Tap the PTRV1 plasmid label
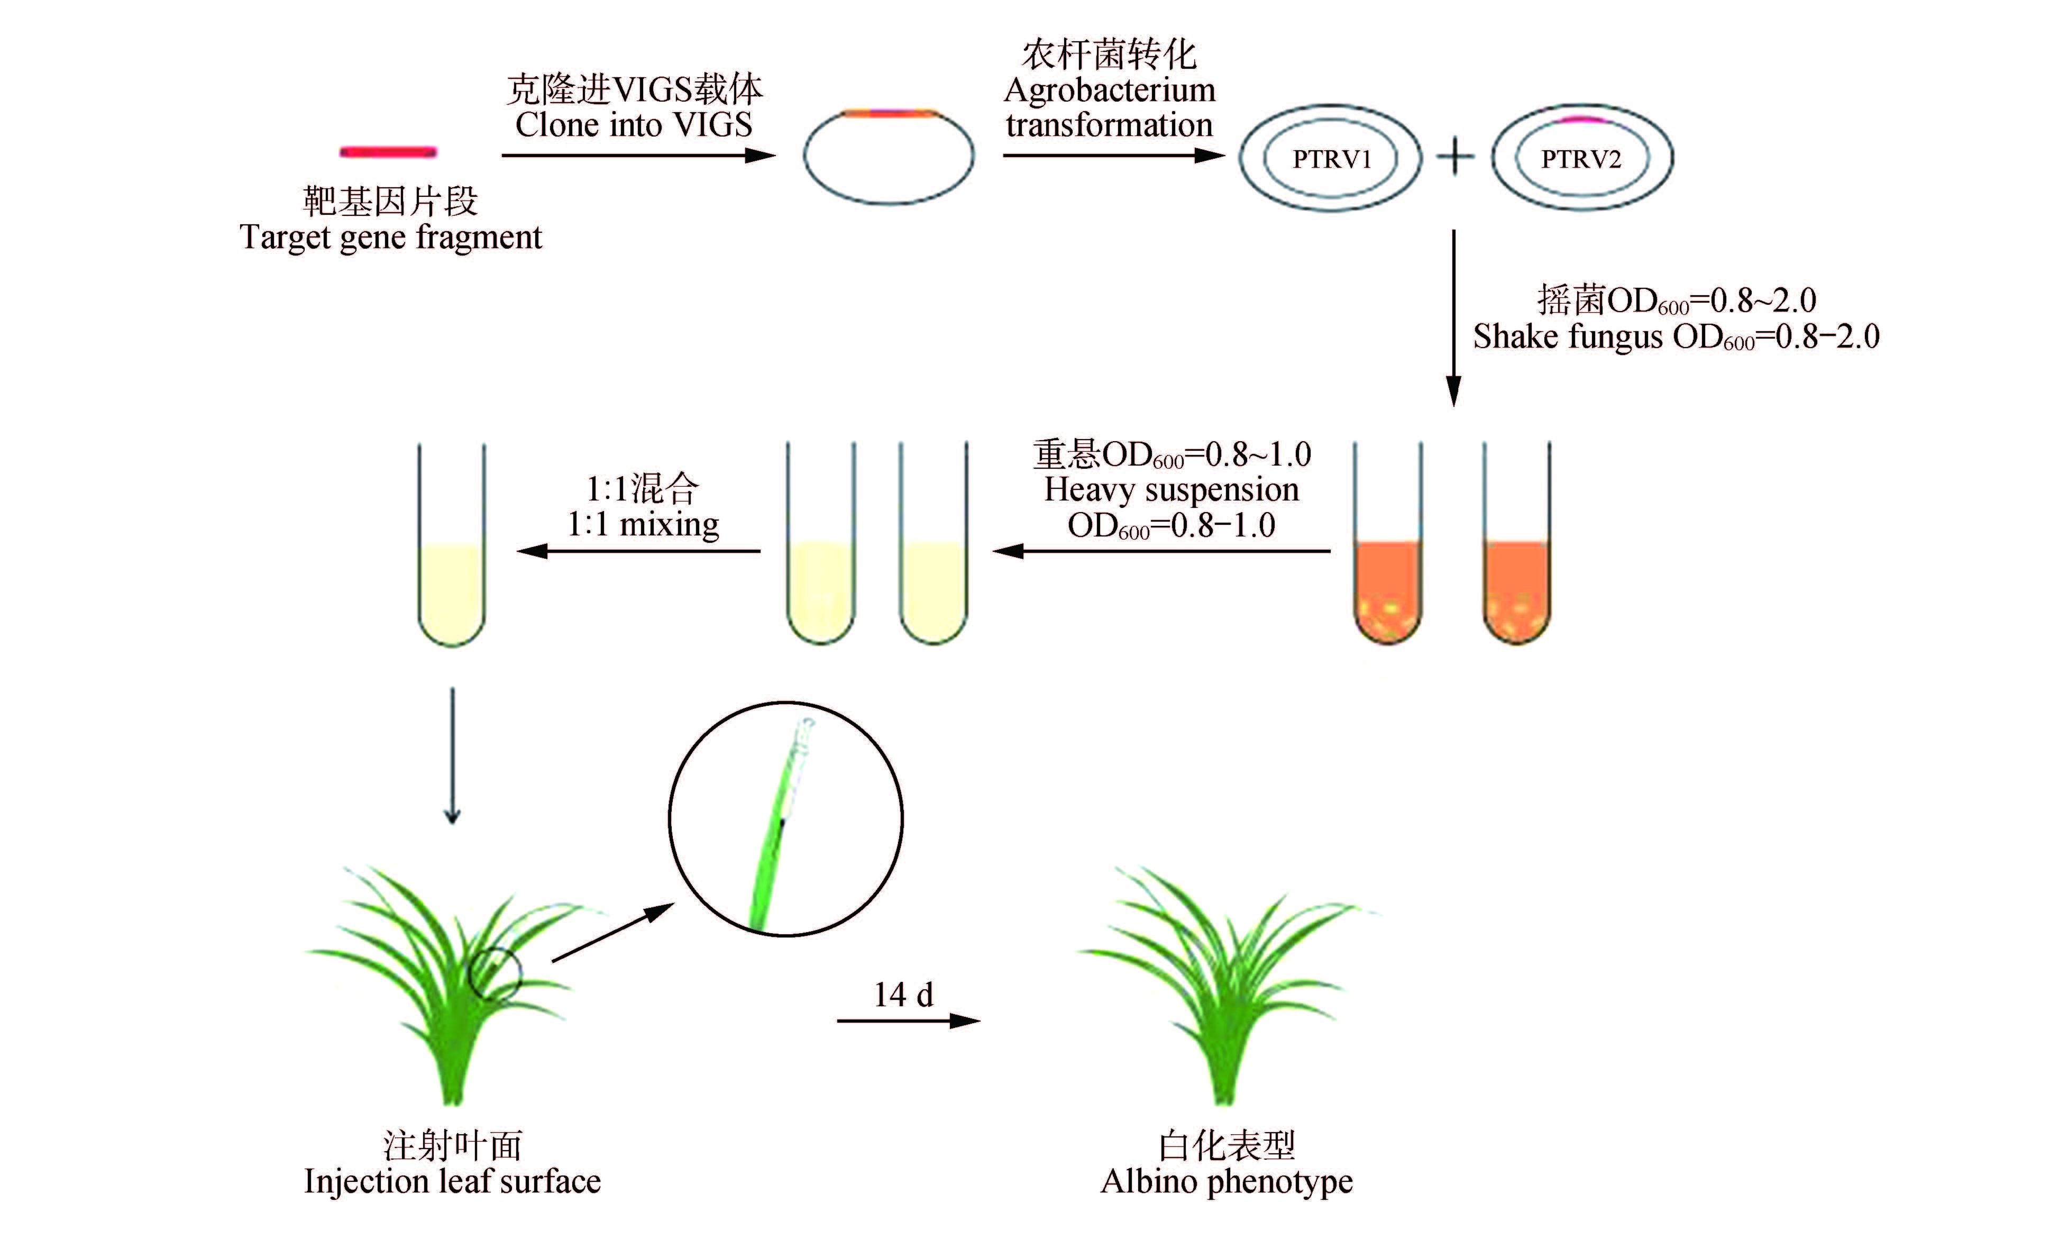[x=1332, y=159]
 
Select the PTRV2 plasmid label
[x=1581, y=159]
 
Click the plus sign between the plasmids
[x=1455, y=157]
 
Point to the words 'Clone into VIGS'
[x=634, y=124]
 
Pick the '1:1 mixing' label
[x=643, y=525]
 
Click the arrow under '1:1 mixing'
[x=638, y=551]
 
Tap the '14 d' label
[x=903, y=995]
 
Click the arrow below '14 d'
[x=908, y=1021]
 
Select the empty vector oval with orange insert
[x=889, y=156]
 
